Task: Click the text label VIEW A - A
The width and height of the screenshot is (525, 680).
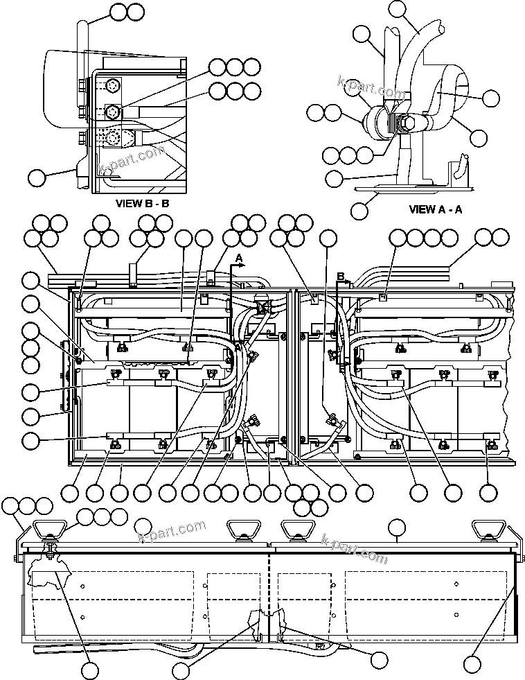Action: click(x=435, y=209)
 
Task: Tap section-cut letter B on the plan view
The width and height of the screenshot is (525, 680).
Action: click(x=340, y=276)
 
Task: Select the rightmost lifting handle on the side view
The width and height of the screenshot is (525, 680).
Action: click(x=486, y=530)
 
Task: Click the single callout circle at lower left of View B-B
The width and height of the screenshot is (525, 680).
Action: click(x=38, y=177)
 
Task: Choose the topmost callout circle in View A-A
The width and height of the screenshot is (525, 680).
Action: click(x=398, y=9)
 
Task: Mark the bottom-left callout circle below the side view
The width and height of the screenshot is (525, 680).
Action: click(x=89, y=670)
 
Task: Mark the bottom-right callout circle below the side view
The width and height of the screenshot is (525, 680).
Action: click(x=472, y=663)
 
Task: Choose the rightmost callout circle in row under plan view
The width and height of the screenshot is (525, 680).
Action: click(x=488, y=493)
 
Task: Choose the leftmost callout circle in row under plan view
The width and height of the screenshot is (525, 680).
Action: click(x=70, y=493)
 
